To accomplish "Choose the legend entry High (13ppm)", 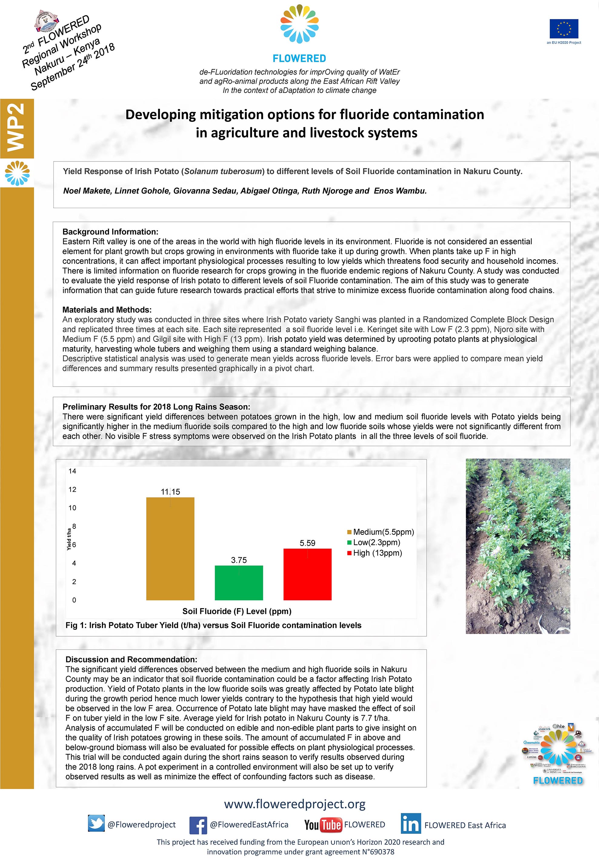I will pyautogui.click(x=377, y=553).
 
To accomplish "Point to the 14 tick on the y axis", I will pyautogui.click(x=72, y=471).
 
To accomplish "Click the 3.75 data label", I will pyautogui.click(x=239, y=560).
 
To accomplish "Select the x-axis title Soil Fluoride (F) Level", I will pyautogui.click(x=237, y=611).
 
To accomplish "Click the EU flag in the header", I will pyautogui.click(x=564, y=29).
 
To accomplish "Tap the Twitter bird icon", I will pyautogui.click(x=96, y=824).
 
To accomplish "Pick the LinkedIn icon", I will pyautogui.click(x=411, y=824).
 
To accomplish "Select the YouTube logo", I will pyautogui.click(x=322, y=824).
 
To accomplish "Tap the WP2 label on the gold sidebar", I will pyautogui.click(x=17, y=127).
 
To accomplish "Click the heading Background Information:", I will pyautogui.click(x=110, y=232).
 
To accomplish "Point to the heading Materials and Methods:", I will pyautogui.click(x=107, y=310).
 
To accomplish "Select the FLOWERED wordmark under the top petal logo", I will pyautogui.click(x=299, y=58).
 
